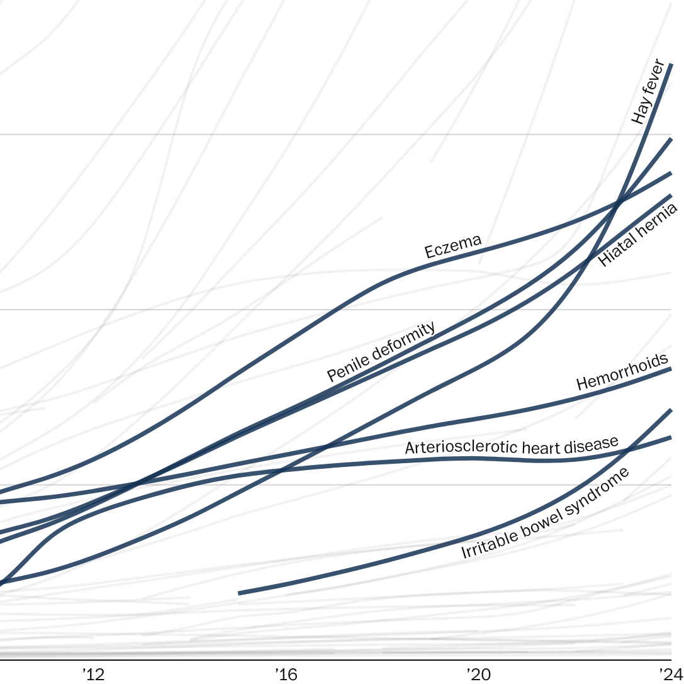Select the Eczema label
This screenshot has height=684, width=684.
pos(453,246)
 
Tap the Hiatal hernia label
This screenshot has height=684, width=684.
pos(637,235)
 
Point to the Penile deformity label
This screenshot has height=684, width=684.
pos(381,352)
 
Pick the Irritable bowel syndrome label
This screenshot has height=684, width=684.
pos(545,513)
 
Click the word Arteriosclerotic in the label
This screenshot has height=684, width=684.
pos(449,447)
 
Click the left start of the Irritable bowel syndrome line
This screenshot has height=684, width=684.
pos(239,593)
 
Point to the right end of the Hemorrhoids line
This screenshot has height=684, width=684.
pos(671,369)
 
